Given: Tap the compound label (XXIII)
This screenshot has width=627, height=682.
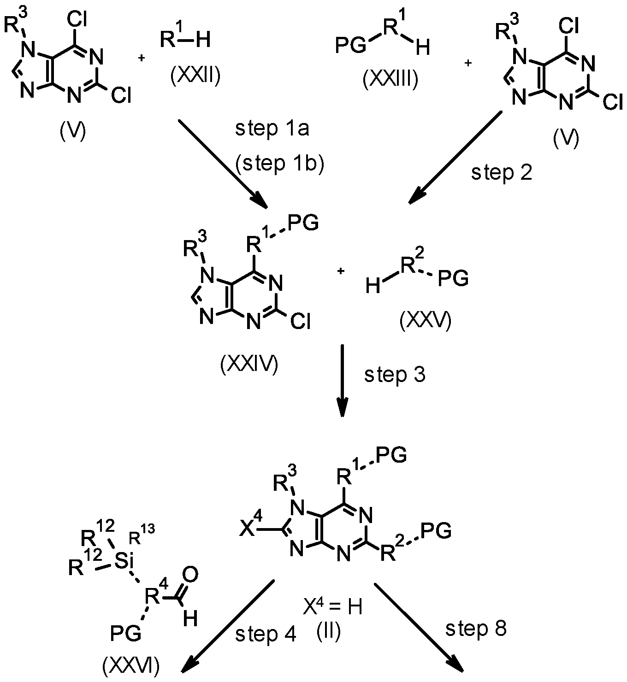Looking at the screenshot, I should click(x=390, y=79).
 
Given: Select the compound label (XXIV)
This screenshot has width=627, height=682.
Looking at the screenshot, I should click(x=249, y=365).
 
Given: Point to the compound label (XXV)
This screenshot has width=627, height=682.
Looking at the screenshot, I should click(x=425, y=321).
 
